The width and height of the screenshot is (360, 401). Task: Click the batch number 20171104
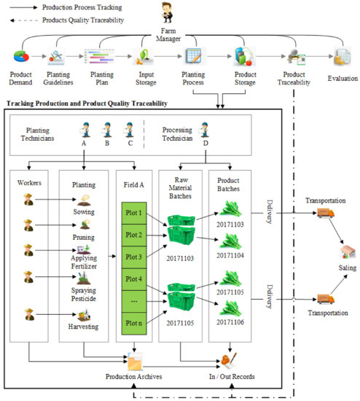tap(232, 256)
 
